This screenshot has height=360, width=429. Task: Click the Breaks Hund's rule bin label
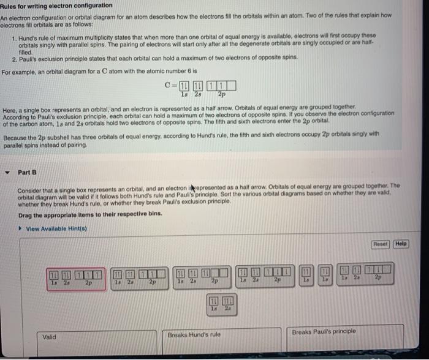point(194,334)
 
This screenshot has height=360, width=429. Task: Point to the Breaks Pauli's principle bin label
point(324,332)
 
